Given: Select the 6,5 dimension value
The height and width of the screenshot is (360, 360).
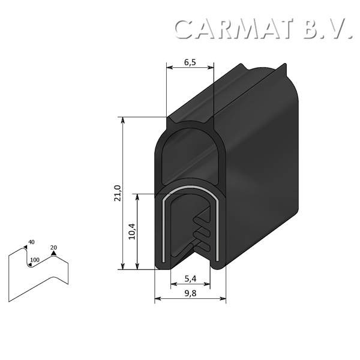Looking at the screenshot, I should click(x=190, y=61).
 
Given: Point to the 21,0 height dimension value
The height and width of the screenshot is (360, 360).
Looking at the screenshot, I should click(x=118, y=193).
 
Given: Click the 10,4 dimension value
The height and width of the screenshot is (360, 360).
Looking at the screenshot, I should click(x=131, y=232).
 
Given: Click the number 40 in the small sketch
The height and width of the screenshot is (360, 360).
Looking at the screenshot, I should click(x=31, y=242).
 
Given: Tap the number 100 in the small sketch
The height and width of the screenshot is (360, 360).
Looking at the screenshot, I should click(x=34, y=260).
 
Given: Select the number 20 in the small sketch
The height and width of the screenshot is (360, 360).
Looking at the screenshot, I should click(x=53, y=247).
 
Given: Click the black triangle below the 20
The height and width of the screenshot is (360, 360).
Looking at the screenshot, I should click(x=53, y=254).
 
